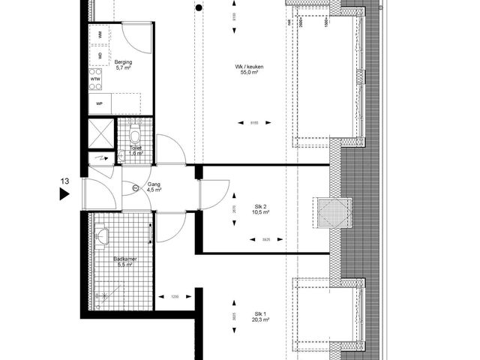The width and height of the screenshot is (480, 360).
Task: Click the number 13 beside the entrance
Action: (x=65, y=180)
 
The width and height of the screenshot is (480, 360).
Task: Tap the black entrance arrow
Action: (x=64, y=194)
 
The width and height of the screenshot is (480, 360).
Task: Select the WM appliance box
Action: (x=100, y=35)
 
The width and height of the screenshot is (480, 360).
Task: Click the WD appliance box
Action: (x=100, y=55)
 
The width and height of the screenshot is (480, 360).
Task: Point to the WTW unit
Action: (x=96, y=79)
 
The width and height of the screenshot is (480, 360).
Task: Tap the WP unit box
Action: (x=98, y=103)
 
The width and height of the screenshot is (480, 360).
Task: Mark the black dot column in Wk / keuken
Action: (x=197, y=9)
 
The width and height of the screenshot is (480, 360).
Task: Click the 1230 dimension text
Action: (x=175, y=297)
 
